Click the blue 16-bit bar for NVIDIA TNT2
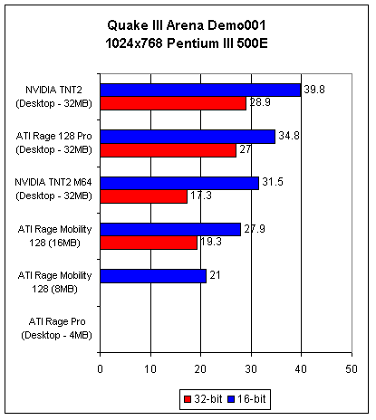pos(200,91)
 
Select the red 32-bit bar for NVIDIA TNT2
pos(173,103)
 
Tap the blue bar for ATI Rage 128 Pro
pos(188,137)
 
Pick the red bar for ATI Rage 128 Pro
pos(169,150)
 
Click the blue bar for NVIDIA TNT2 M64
pos(179,183)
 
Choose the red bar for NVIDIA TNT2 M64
pos(144,196)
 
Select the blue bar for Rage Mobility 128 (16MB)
pos(170,229)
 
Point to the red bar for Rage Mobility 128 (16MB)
pos(149,243)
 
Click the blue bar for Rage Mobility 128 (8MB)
pos(153,276)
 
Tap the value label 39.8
pos(314,90)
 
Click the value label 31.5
pos(273,182)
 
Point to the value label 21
pos(215,275)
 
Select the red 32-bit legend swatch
pos(188,399)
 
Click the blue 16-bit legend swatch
pos(231,399)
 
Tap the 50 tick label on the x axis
pos(352,369)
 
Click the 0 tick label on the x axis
pos(101,369)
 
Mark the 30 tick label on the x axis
pos(251,369)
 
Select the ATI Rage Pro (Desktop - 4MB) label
pos(57,329)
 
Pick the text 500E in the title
pos(252,43)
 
